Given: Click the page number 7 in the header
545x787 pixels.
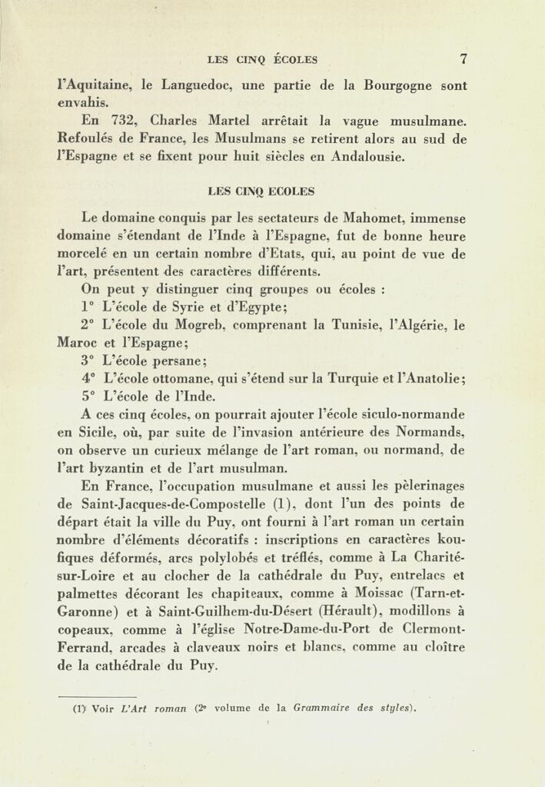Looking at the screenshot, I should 464,58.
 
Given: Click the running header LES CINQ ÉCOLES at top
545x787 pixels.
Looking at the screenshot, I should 262,59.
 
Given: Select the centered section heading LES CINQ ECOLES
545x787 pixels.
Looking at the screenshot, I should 261,191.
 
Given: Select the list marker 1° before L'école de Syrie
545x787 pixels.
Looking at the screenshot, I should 87,307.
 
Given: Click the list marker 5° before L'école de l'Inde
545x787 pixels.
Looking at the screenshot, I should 88,397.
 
